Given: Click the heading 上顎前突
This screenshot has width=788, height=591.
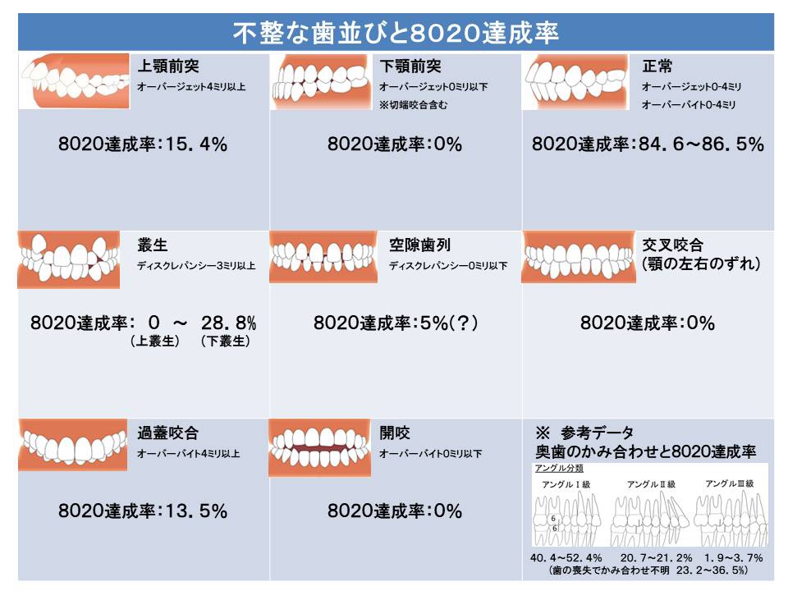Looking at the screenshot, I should pyautogui.click(x=168, y=66).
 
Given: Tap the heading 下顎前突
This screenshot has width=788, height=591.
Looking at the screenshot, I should pyautogui.click(x=410, y=66).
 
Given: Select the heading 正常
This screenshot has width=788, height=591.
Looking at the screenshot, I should pyautogui.click(x=657, y=66).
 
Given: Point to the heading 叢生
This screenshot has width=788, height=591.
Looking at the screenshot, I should pyautogui.click(x=153, y=245).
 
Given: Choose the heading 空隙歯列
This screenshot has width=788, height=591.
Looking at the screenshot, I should pyautogui.click(x=419, y=245).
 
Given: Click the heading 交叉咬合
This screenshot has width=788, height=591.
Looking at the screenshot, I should pyautogui.click(x=672, y=245).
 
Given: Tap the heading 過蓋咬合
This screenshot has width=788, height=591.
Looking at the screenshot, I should pyautogui.click(x=168, y=433).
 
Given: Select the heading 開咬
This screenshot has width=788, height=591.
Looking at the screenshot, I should pyautogui.click(x=395, y=433).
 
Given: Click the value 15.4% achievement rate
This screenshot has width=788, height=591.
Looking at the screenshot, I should pyautogui.click(x=143, y=144).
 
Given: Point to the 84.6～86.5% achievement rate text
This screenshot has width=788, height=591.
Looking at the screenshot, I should pyautogui.click(x=648, y=144).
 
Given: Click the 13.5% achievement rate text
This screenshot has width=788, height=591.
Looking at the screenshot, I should pyautogui.click(x=143, y=511).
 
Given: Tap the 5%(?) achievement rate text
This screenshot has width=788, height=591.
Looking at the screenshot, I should pyautogui.click(x=396, y=323).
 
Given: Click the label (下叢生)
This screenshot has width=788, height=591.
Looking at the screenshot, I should pyautogui.click(x=225, y=341).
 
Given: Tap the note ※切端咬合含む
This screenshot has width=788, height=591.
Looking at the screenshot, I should pyautogui.click(x=413, y=105).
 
